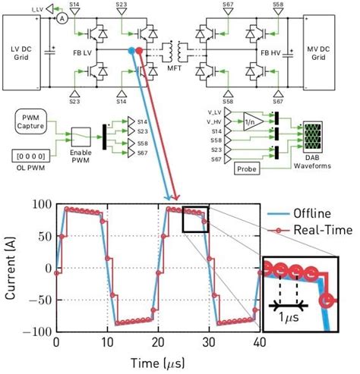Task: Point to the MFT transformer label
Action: coord(167,72)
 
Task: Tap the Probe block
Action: coord(248,168)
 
